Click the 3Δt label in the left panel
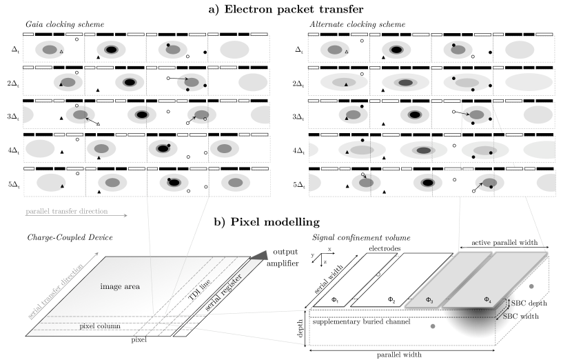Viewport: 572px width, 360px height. coord(14,117)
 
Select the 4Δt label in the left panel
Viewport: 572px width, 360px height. coord(14,150)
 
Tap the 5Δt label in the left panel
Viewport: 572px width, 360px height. coord(14,184)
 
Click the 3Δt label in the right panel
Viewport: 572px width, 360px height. coord(299,117)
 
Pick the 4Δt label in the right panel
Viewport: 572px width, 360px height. coord(299,150)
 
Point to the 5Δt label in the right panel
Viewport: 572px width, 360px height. coord(299,184)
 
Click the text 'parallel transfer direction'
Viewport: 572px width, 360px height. coord(66,211)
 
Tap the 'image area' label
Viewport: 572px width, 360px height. coord(120,286)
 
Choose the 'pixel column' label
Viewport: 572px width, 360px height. coord(96,326)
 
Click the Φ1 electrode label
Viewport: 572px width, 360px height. coord(335,300)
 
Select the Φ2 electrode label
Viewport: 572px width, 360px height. coord(391,300)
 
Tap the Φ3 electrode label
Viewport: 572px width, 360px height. coord(429,300)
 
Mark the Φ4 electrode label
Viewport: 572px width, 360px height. coord(487,300)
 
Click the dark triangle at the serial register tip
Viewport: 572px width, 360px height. coord(259,255)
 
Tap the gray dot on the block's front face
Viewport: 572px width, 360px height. coord(433,326)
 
